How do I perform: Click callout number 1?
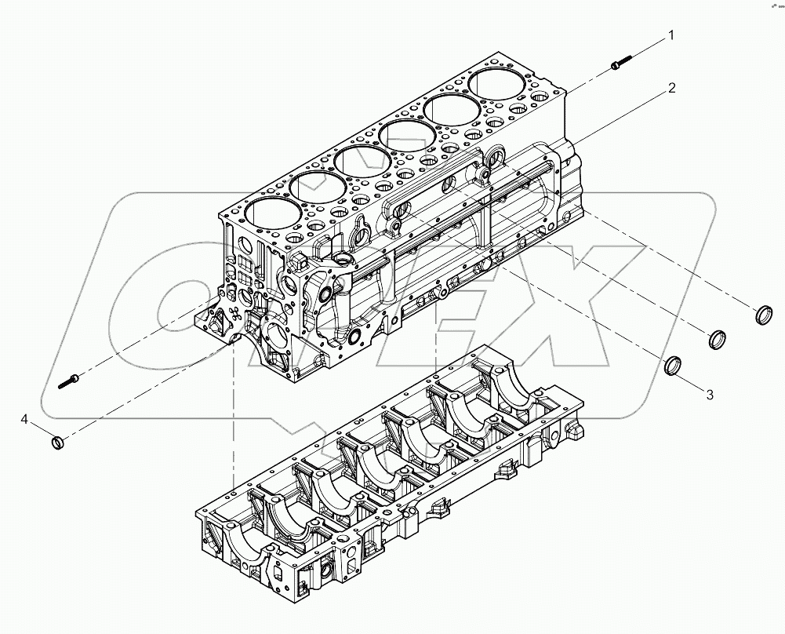(x=671, y=35)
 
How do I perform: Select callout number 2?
(x=671, y=88)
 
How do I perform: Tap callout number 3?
(x=710, y=395)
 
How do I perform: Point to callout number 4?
(x=25, y=421)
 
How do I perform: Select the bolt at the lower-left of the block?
(x=68, y=382)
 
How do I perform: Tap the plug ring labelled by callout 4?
(x=57, y=444)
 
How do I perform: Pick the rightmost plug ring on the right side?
(x=764, y=315)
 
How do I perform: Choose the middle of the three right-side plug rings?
(x=718, y=340)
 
